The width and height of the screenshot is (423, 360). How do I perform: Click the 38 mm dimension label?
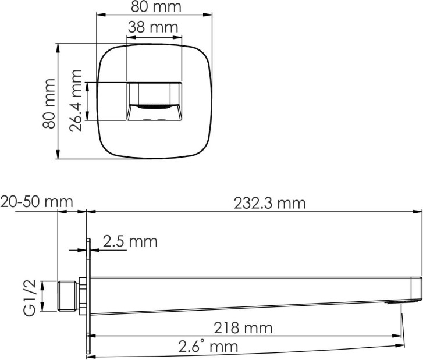(153, 27)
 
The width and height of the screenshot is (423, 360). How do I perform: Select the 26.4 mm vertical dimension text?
(76, 101)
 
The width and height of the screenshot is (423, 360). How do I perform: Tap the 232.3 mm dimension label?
(270, 204)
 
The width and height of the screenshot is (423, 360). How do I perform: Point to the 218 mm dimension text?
(243, 328)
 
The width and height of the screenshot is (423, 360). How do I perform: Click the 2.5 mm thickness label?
(130, 241)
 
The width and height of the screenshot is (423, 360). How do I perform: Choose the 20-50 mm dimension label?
(37, 202)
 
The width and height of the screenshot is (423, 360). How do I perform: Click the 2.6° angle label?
(208, 346)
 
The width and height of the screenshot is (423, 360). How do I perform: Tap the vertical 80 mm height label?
(49, 104)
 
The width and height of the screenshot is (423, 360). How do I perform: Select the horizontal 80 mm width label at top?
(156, 7)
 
